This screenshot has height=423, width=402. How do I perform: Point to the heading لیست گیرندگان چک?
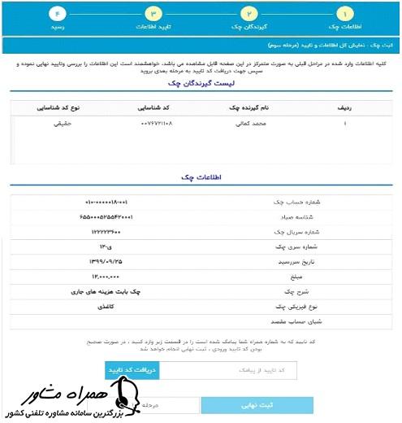click(x=201, y=84)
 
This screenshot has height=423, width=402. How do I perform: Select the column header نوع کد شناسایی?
click(x=62, y=106)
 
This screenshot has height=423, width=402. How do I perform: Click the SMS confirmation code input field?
click(x=230, y=370)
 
